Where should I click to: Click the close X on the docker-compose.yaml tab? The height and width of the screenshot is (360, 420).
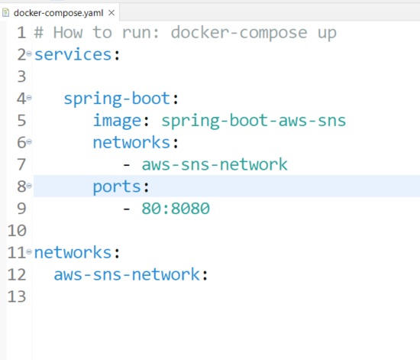pos(112,12)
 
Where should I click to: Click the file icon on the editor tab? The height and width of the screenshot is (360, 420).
pos(7,12)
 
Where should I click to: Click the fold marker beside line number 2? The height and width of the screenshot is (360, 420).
pos(29,54)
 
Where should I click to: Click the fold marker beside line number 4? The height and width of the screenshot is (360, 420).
pos(29,97)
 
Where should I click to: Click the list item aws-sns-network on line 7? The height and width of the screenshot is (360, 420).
pos(215,164)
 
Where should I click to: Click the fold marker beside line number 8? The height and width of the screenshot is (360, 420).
pos(29,185)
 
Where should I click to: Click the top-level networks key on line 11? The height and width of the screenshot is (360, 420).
pos(73,252)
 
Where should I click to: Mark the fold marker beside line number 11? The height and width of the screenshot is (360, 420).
pos(29,251)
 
